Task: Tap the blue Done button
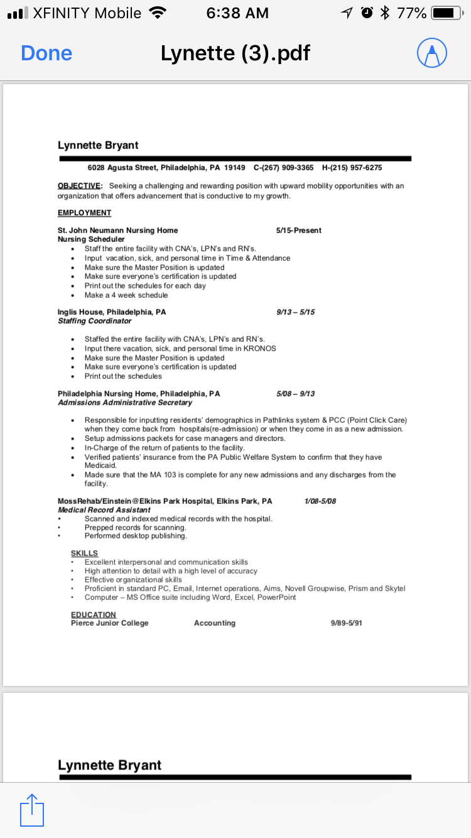tap(46, 53)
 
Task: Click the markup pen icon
tap(432, 53)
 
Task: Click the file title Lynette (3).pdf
tap(235, 53)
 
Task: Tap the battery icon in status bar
tap(447, 13)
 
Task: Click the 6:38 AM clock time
tap(237, 13)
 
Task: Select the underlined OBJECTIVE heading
tap(79, 186)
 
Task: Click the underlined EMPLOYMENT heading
tap(84, 213)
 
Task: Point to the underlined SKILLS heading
tap(84, 553)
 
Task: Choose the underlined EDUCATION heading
tap(94, 614)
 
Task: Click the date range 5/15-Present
tap(298, 231)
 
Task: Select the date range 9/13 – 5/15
tap(295, 312)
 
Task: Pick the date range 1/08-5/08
tap(320, 501)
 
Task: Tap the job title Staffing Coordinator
tap(95, 321)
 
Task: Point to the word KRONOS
tap(259, 349)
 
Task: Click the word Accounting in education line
tap(215, 623)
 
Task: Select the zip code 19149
tap(234, 168)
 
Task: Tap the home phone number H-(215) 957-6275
tap(352, 168)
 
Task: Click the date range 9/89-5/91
tap(347, 623)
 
